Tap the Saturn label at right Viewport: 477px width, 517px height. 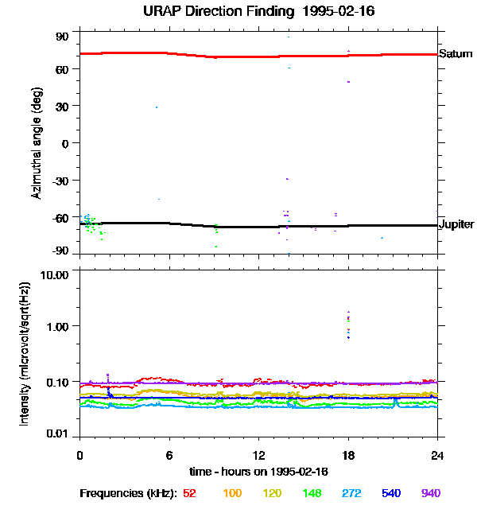456,54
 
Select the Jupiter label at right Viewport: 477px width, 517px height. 457,224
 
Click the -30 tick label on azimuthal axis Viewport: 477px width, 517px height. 60,180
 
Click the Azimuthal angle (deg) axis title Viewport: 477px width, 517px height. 35,144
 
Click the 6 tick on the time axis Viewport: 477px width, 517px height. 169,455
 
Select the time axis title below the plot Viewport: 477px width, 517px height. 259,470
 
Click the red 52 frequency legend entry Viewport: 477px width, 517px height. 189,493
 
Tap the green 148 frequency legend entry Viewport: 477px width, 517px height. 312,493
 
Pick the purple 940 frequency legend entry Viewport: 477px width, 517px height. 431,493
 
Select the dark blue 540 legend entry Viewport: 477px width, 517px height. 391,493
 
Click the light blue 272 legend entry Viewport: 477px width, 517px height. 351,493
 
